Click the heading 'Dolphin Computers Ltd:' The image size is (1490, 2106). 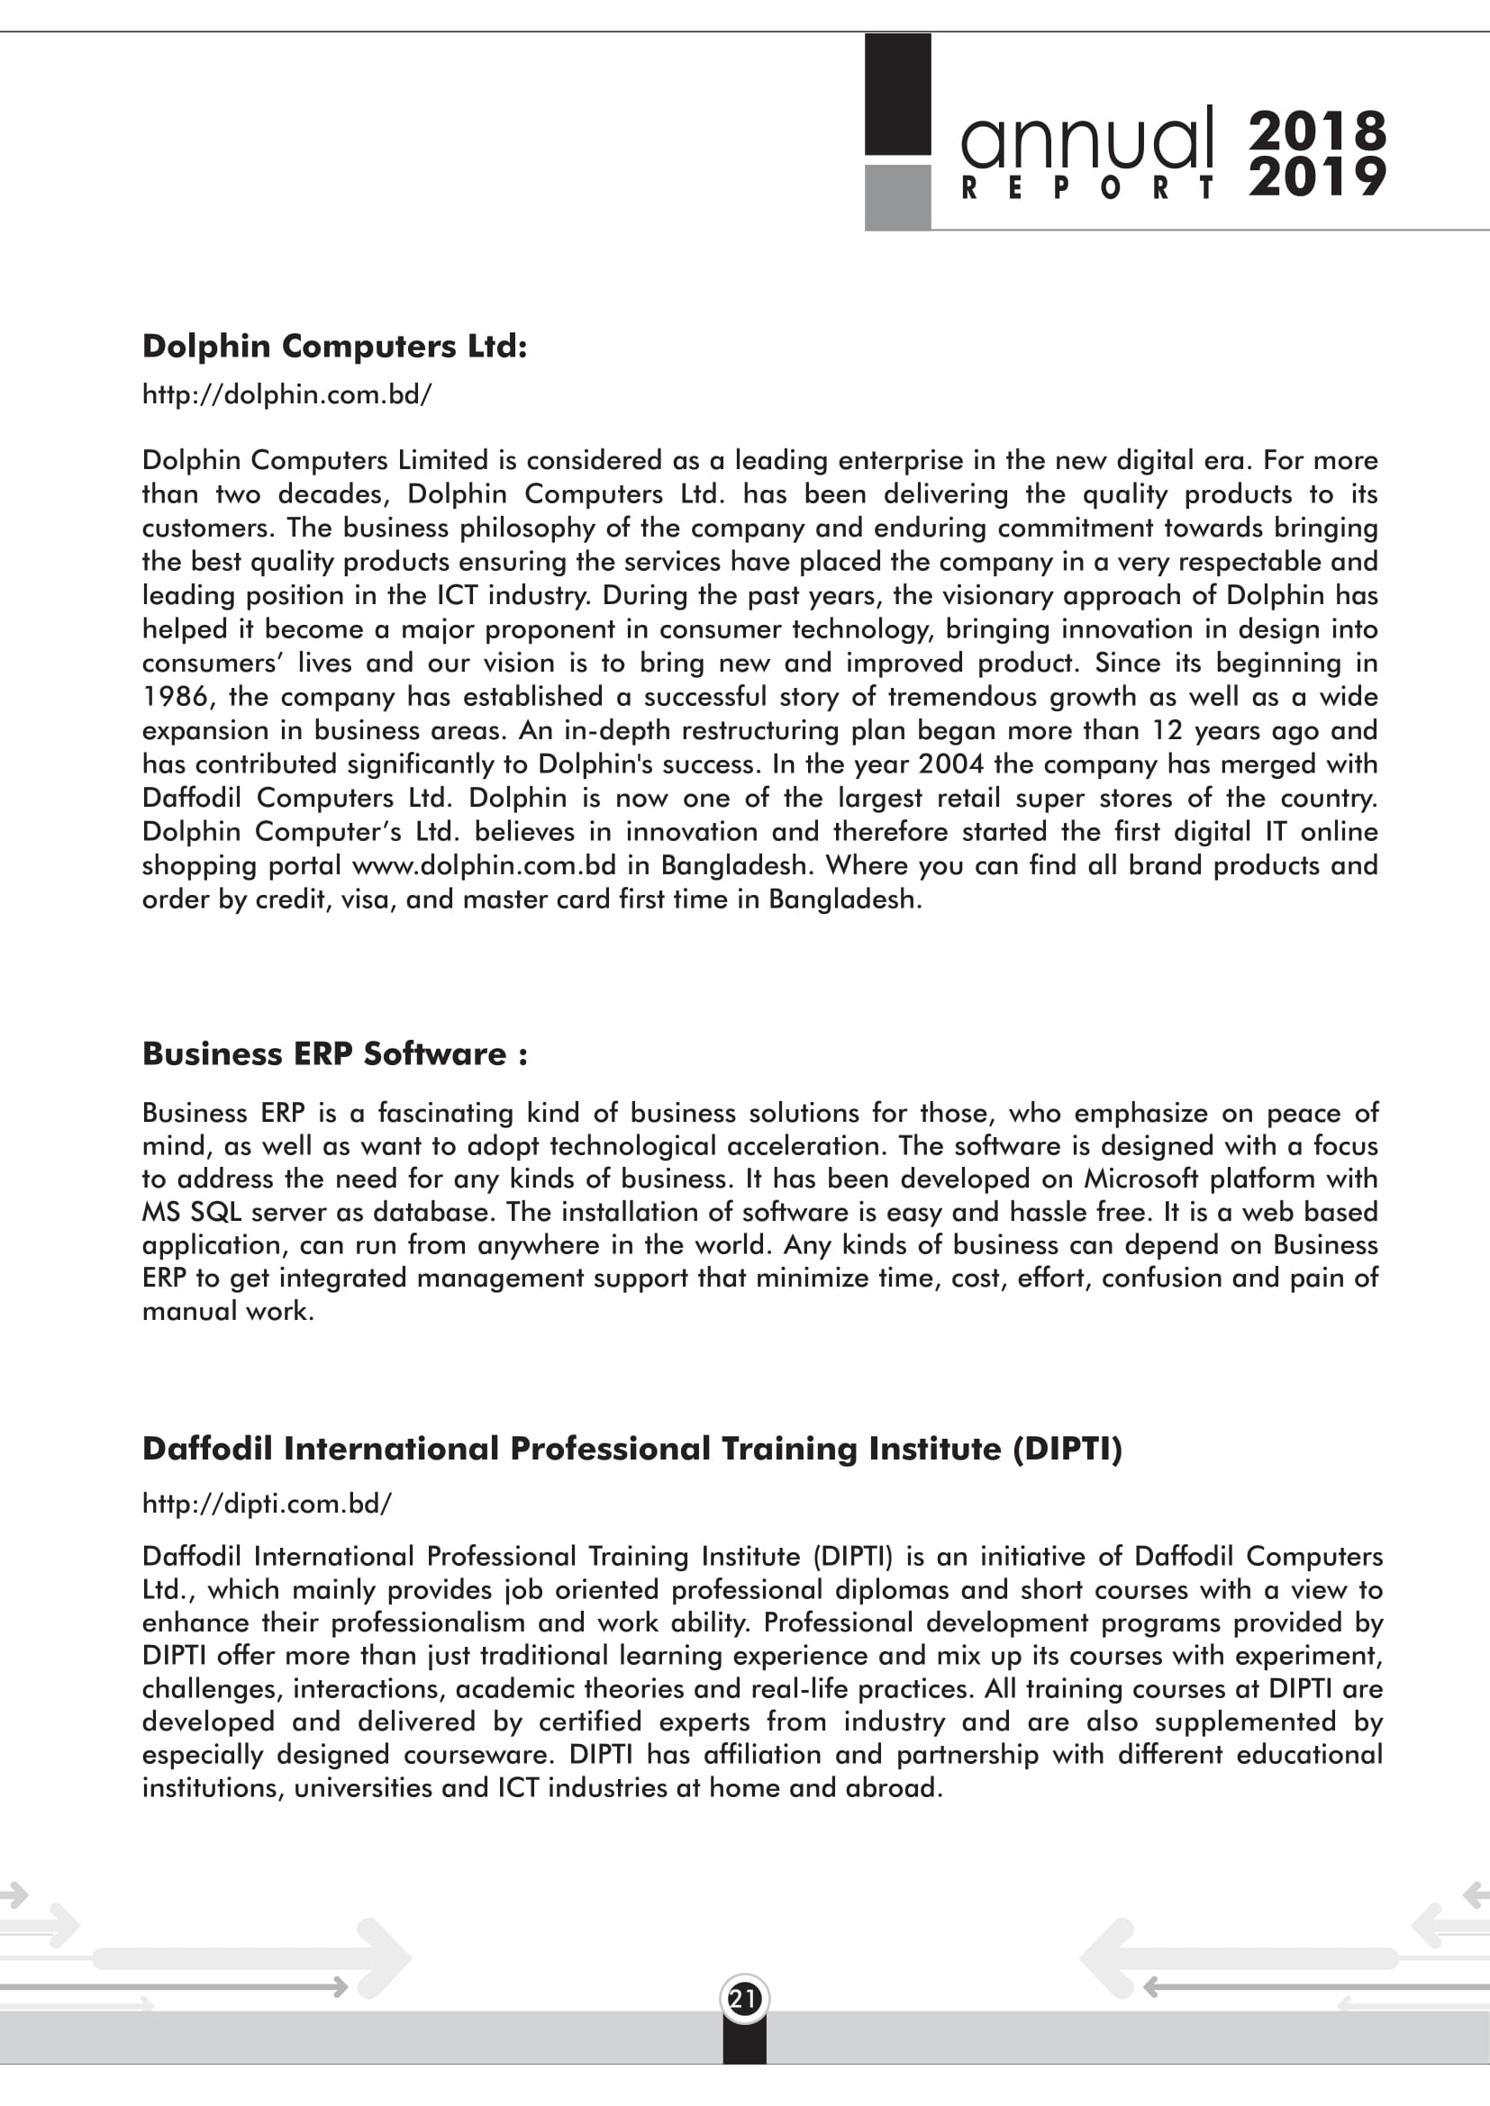334,346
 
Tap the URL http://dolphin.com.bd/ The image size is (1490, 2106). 286,394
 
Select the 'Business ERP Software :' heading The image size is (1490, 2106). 334,1053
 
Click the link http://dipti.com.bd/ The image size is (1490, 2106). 266,1504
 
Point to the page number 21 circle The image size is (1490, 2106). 744,1999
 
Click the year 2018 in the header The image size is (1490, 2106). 1317,131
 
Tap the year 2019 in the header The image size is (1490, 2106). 1317,177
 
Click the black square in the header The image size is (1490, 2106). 897,94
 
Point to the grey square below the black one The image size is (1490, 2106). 897,197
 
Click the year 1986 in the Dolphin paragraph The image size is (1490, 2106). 177,697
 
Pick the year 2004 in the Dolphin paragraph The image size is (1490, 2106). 951,764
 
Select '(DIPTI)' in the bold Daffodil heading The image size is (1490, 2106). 1067,1449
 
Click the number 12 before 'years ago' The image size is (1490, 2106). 1168,731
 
